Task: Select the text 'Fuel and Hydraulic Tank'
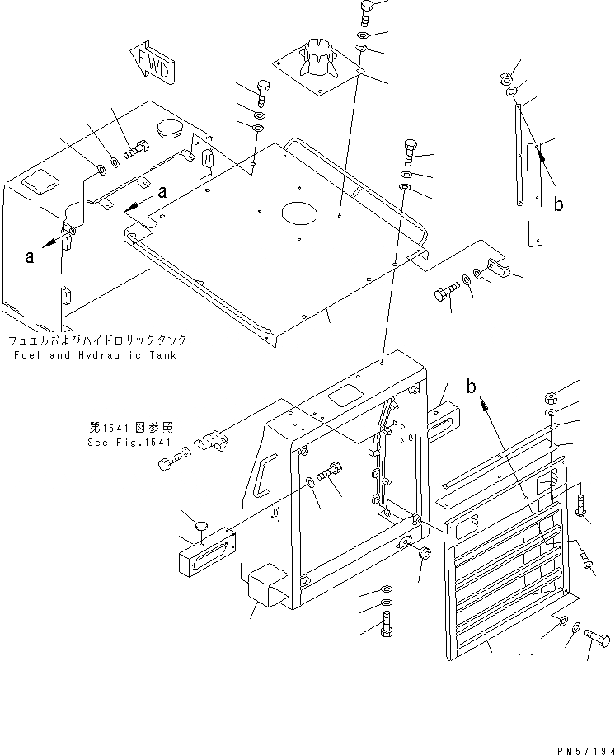[x=95, y=355]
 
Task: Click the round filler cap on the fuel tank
[x=171, y=129]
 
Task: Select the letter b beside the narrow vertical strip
[x=558, y=204]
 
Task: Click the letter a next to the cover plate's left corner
[x=162, y=192]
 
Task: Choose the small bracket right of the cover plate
[x=497, y=270]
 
